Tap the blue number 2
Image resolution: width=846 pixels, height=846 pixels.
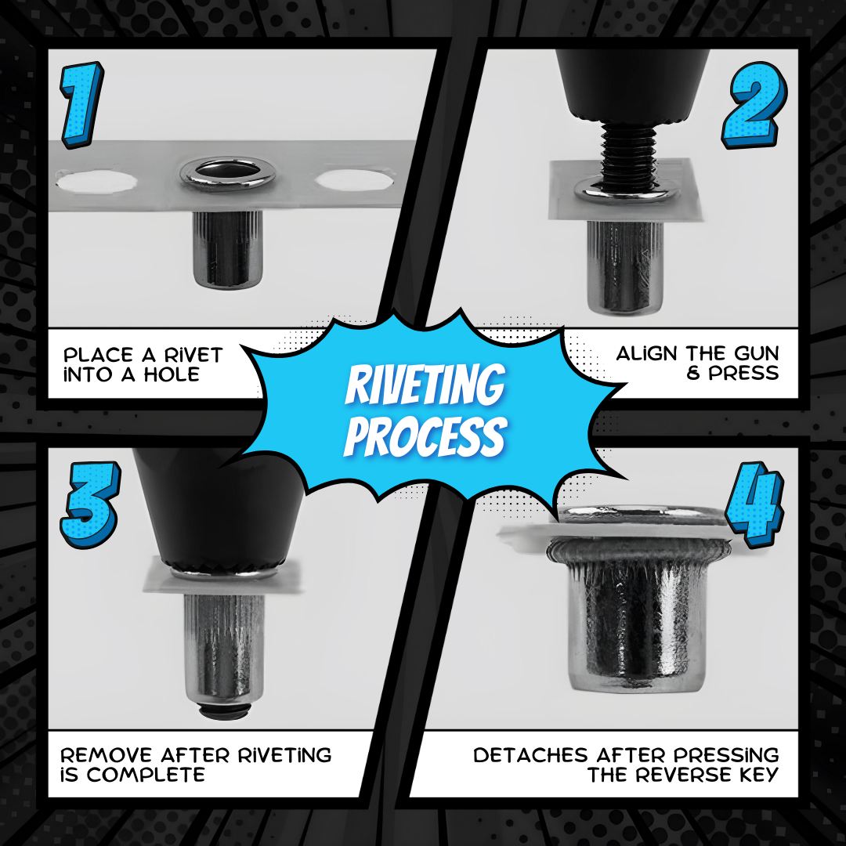754,108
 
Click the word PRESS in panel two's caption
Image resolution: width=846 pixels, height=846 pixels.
743,373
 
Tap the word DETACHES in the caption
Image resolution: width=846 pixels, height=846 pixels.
531,755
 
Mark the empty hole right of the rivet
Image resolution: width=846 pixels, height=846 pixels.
354,179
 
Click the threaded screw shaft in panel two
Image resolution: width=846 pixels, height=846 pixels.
627,154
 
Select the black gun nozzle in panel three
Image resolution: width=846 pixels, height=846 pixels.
220,501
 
